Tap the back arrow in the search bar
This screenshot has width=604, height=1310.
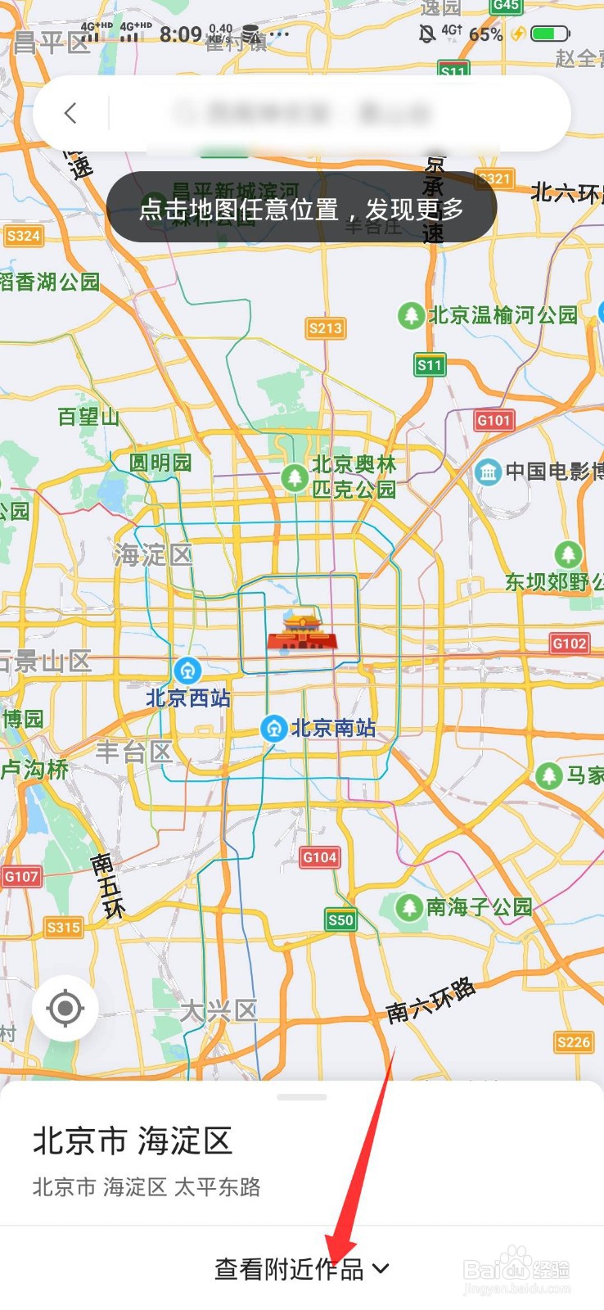coord(70,113)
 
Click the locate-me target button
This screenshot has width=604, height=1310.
coord(65,1008)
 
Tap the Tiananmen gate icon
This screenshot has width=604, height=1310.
coord(302,630)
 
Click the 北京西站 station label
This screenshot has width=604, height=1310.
coord(188,698)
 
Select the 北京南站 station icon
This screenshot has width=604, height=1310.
coord(273,728)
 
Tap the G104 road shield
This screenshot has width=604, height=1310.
coord(319,857)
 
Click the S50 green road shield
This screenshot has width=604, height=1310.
coord(340,919)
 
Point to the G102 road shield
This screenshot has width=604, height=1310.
coord(570,644)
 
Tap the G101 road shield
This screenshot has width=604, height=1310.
coord(494,420)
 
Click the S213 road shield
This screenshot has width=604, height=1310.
coord(326,328)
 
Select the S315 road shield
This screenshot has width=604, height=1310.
coord(63,927)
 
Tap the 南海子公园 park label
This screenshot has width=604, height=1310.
coord(479,907)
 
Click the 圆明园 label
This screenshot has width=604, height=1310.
coord(160,463)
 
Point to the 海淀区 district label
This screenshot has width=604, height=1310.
coord(153,555)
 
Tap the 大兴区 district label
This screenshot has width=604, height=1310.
coord(219,1011)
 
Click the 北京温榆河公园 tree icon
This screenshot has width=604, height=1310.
coord(410,315)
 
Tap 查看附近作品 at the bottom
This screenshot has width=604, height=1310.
coord(301,1268)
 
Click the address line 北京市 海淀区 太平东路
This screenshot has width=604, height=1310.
coord(146,1187)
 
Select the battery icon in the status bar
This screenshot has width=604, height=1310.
coord(548,34)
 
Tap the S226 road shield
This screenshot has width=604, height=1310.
coord(573,1041)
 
